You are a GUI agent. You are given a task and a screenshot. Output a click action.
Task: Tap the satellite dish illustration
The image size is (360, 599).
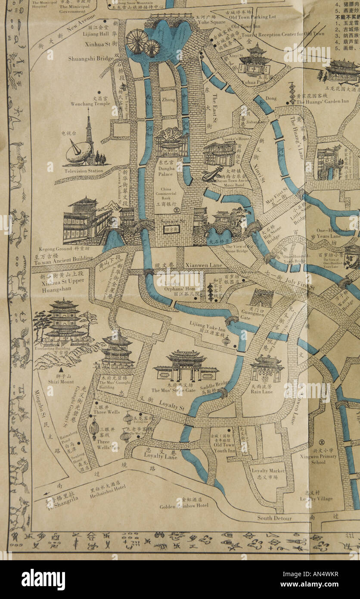(x=79, y=152)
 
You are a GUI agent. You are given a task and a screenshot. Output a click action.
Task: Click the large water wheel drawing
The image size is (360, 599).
(x=137, y=41)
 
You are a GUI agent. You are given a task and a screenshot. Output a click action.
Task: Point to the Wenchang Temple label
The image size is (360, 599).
(x=90, y=104)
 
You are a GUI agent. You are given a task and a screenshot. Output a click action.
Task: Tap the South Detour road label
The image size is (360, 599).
(x=274, y=518)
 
